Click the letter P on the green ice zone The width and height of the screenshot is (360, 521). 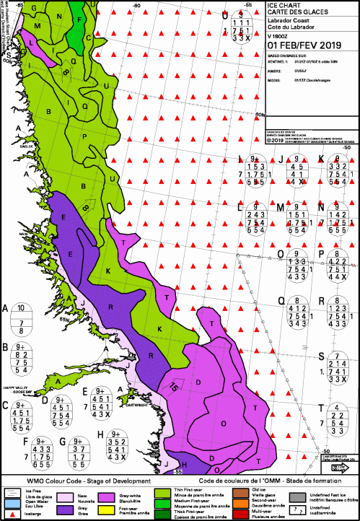(x=84, y=136)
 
